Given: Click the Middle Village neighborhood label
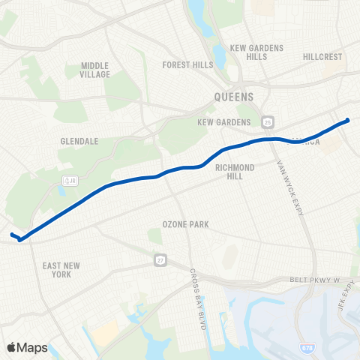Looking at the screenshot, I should tap(95, 70).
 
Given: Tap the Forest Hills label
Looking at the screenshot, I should tap(187, 65).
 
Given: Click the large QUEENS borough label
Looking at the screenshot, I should tap(234, 97).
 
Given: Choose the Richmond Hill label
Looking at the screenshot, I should tap(235, 172).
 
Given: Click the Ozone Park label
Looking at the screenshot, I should tap(185, 224).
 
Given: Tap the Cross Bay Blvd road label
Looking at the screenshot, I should tap(198, 293).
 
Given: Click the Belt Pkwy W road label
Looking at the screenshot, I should tap(316, 280).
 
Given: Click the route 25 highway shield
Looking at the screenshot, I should tap(268, 121).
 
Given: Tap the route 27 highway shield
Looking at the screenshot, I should tap(161, 259).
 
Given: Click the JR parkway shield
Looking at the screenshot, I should tap(69, 181).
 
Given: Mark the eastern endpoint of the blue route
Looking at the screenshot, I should tap(347, 120).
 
